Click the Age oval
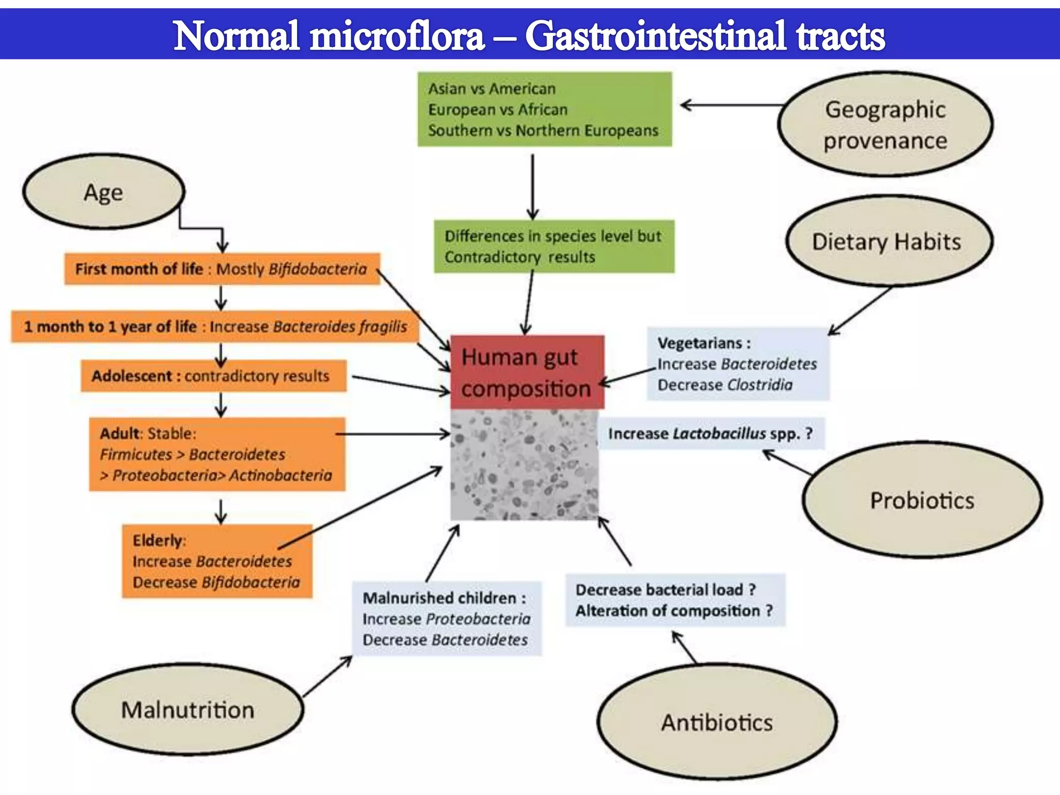(104, 192)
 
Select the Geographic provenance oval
(885, 125)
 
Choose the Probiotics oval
(922, 500)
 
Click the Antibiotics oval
(717, 722)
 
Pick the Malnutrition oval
(187, 710)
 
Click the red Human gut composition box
(526, 372)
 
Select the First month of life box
(222, 269)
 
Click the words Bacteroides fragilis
(340, 327)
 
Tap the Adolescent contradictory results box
(213, 376)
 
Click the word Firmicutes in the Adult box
(136, 454)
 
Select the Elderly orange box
(216, 562)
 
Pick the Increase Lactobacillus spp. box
(711, 433)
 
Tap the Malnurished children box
(446, 619)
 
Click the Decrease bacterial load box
(674, 600)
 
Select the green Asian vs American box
(544, 109)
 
